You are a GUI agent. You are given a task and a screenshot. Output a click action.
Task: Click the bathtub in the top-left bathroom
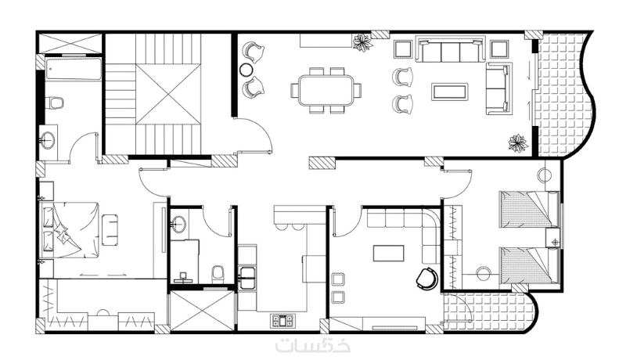coord(73,70)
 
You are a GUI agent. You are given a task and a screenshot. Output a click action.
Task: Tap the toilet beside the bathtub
coord(56,103)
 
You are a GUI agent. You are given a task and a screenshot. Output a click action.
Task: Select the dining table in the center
coord(326,90)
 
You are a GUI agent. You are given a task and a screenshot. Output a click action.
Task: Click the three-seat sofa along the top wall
coord(451,49)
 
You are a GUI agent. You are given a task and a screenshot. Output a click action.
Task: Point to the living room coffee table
coord(449,92)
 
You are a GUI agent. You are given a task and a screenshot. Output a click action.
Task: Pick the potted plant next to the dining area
coord(362,42)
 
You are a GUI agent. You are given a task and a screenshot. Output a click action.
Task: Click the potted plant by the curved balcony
coord(518,142)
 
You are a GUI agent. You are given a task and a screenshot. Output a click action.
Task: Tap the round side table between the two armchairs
coord(245,70)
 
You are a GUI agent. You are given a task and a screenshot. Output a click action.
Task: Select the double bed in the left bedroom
coord(70,230)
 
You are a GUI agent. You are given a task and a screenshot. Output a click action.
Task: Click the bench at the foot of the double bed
coord(110,230)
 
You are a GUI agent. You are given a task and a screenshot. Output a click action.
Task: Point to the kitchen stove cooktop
coord(282,320)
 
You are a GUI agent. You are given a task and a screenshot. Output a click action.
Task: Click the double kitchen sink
coord(248,277)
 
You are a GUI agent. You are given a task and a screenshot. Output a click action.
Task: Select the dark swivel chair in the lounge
coord(426,278)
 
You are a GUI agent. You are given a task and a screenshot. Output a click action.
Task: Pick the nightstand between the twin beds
coord(554,238)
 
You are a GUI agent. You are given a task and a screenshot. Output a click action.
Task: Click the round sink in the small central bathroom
coord(178,224)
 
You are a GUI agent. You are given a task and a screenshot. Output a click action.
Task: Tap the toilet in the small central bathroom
coord(218,274)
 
